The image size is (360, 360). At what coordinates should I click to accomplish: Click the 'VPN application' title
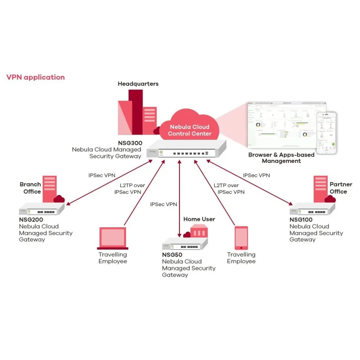pyautogui.click(x=36, y=77)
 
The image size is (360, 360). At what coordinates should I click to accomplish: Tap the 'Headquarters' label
pyautogui.click(x=138, y=84)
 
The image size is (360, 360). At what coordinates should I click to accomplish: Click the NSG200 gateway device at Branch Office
pyautogui.click(x=42, y=210)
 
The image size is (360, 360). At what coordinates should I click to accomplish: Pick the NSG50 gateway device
pyautogui.click(x=184, y=245)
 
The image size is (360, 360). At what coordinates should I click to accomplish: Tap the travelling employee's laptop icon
pyautogui.click(x=113, y=238)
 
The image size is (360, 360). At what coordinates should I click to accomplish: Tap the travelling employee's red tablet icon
pyautogui.click(x=241, y=238)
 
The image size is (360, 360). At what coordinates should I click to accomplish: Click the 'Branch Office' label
pyautogui.click(x=30, y=188)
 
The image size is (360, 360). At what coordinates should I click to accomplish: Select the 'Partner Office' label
pyautogui.click(x=338, y=188)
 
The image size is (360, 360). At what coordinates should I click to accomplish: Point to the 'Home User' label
pyautogui.click(x=199, y=219)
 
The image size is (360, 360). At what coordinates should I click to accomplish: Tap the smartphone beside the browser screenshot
pyautogui.click(x=326, y=133)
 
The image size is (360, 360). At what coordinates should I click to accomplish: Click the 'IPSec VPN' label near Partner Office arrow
pyautogui.click(x=256, y=175)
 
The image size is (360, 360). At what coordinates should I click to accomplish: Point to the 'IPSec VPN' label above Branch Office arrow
pyautogui.click(x=102, y=175)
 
